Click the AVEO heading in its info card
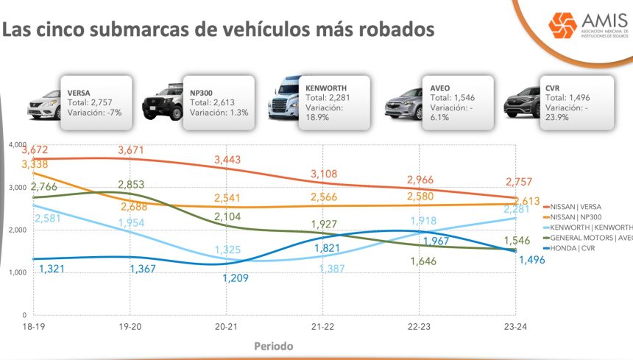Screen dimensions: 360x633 pos(440,88)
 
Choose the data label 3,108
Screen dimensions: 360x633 pos(326,174)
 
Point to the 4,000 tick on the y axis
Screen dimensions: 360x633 pos(16,144)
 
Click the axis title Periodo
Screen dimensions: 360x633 pos(274,345)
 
